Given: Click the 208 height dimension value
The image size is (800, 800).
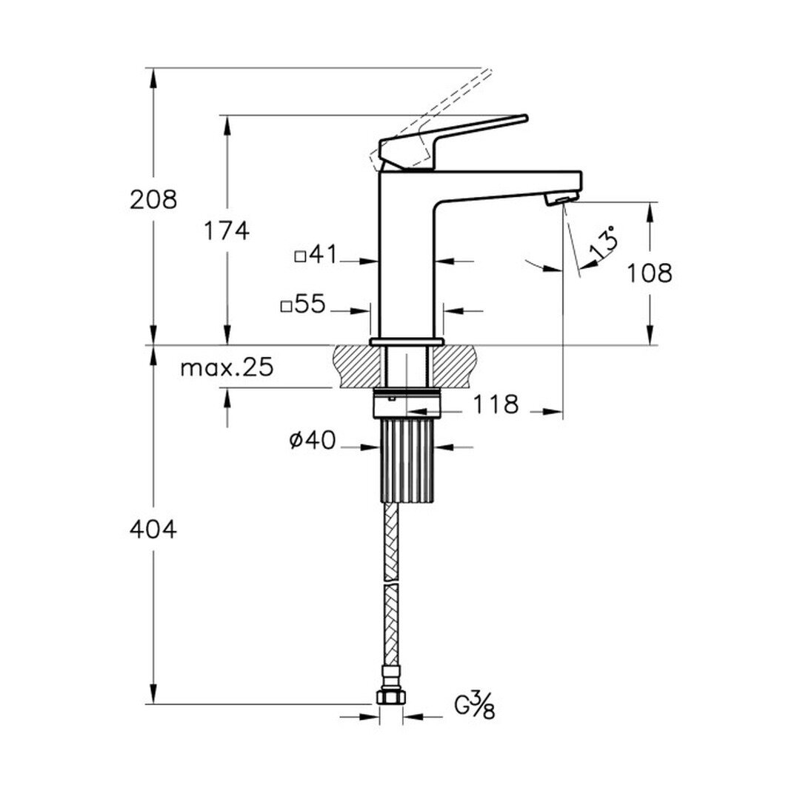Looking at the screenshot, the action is [153, 199].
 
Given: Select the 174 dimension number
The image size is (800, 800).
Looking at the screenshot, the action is [227, 230].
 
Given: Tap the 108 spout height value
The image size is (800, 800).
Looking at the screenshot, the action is [649, 273].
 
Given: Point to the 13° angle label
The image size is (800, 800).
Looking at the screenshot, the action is [604, 244].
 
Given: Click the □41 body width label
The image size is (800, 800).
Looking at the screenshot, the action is [316, 255].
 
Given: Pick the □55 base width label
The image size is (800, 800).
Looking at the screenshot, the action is [302, 304].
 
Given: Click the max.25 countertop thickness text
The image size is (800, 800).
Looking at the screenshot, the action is [227, 367].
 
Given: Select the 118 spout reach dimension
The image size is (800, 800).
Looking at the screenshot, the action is [496, 404].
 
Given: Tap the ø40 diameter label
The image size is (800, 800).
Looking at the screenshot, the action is [313, 440].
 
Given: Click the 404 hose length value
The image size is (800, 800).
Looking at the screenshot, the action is [153, 530].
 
